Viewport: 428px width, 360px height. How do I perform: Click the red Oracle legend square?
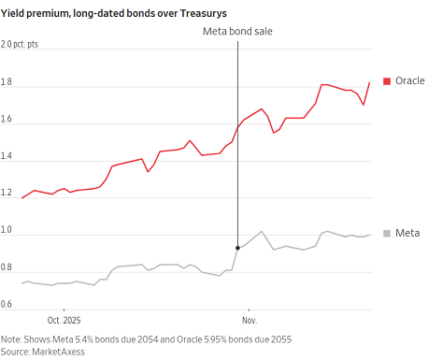point(387,81)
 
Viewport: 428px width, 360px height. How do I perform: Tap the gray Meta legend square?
point(387,234)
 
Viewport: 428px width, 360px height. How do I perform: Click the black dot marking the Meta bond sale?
point(237,248)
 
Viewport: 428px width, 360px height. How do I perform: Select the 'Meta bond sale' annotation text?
point(237,31)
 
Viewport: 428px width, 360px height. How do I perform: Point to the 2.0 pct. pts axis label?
point(20,44)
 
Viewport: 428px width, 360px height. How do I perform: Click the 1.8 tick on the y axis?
point(6,81)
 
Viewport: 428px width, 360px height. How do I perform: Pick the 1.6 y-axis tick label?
point(6,119)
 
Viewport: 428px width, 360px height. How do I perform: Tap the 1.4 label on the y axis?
point(6,156)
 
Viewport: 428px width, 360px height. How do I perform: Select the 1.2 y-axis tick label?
point(6,193)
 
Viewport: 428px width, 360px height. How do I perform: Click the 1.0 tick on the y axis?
point(6,230)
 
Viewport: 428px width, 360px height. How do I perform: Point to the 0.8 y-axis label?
point(6,267)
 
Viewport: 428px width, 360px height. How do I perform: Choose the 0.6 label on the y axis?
point(6,304)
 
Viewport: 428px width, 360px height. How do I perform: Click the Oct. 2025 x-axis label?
point(64,321)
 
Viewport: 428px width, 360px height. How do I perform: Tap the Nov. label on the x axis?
point(250,321)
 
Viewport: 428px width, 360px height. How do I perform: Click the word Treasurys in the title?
point(204,13)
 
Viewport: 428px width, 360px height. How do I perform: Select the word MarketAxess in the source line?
point(58,352)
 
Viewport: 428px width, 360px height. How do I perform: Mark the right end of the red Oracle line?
point(369,82)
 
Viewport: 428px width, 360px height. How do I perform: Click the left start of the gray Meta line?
point(21,283)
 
